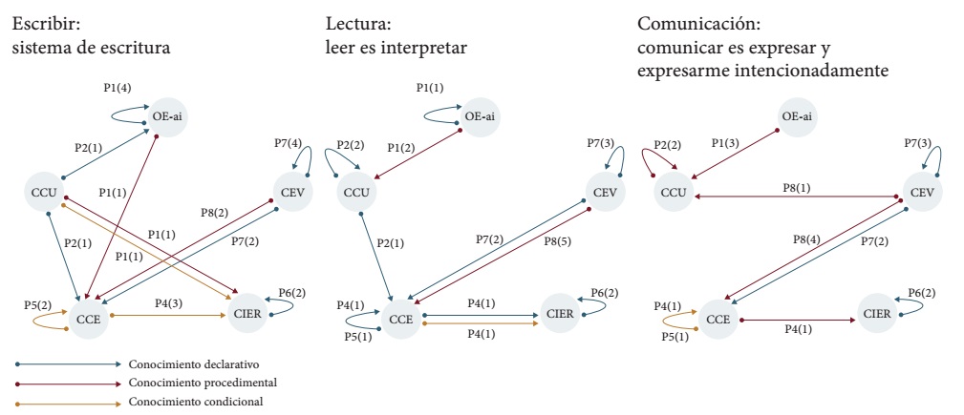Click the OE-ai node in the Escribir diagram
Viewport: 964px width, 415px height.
[x=166, y=117]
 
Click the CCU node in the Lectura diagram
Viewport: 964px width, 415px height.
[x=354, y=193]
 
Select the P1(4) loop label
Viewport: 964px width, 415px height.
[x=117, y=87]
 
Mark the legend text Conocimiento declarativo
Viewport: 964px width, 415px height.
[x=194, y=363]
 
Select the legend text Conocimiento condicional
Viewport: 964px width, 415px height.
[x=195, y=401]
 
